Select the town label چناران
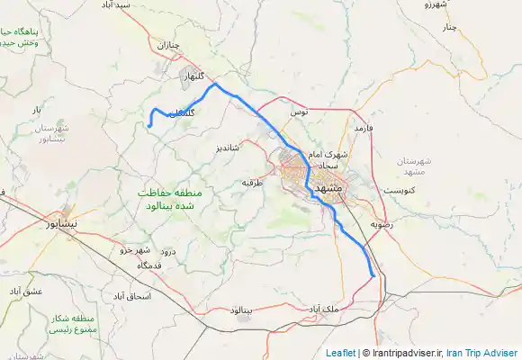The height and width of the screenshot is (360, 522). click(x=170, y=44)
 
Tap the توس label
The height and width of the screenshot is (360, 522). click(x=299, y=112)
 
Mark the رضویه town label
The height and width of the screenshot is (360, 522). click(x=381, y=222)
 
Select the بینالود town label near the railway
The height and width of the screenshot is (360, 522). click(x=244, y=310)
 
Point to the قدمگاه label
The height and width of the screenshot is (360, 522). click(x=148, y=265)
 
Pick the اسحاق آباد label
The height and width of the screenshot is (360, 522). click(x=131, y=295)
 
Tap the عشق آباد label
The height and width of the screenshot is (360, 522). click(x=28, y=292)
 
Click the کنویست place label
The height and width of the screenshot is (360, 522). click(x=399, y=191)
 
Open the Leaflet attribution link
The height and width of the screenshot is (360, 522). click(x=340, y=353)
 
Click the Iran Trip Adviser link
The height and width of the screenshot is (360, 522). click(x=482, y=353)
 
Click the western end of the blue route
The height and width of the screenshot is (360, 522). click(x=149, y=127)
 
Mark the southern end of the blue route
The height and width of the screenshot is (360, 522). click(x=373, y=276)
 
